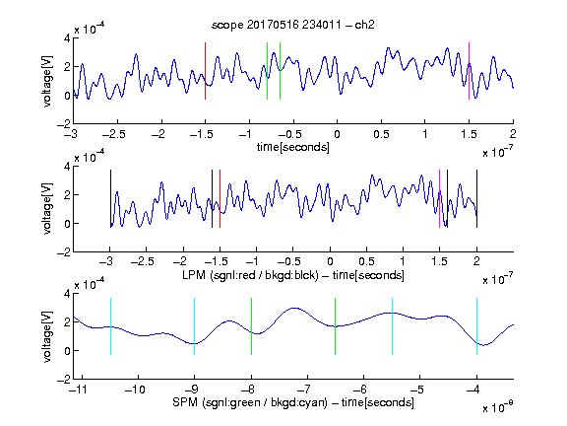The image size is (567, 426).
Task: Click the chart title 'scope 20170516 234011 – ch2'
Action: [x=293, y=25]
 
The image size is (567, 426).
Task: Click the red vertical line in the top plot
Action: [x=205, y=71]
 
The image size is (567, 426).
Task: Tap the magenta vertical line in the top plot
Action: [x=469, y=71]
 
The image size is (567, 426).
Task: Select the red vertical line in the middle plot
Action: [x=220, y=198]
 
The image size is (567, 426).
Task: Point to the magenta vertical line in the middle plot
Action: [x=439, y=198]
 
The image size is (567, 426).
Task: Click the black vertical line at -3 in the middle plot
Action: [x=110, y=198]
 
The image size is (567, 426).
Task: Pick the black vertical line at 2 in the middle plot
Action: [x=476, y=198]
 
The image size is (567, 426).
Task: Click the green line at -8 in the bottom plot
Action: [x=251, y=326]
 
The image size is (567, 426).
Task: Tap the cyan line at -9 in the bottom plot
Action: [x=194, y=326]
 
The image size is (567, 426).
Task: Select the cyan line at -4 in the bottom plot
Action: [x=476, y=326]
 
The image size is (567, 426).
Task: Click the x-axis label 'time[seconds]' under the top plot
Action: [x=293, y=147]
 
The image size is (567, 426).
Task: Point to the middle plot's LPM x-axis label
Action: [x=293, y=275]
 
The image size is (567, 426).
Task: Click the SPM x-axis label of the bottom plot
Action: [x=293, y=402]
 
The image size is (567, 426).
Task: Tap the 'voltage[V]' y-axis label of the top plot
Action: [x=47, y=81]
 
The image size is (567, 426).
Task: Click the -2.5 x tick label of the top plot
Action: [x=113, y=134]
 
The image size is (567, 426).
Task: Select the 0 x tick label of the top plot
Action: [x=337, y=134]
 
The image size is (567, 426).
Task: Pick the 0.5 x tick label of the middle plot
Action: [x=366, y=261]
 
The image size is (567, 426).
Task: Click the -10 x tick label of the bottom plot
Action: [x=135, y=390]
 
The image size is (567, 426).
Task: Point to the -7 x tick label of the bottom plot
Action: [x=304, y=390]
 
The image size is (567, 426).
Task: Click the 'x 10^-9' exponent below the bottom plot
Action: [x=498, y=407]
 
